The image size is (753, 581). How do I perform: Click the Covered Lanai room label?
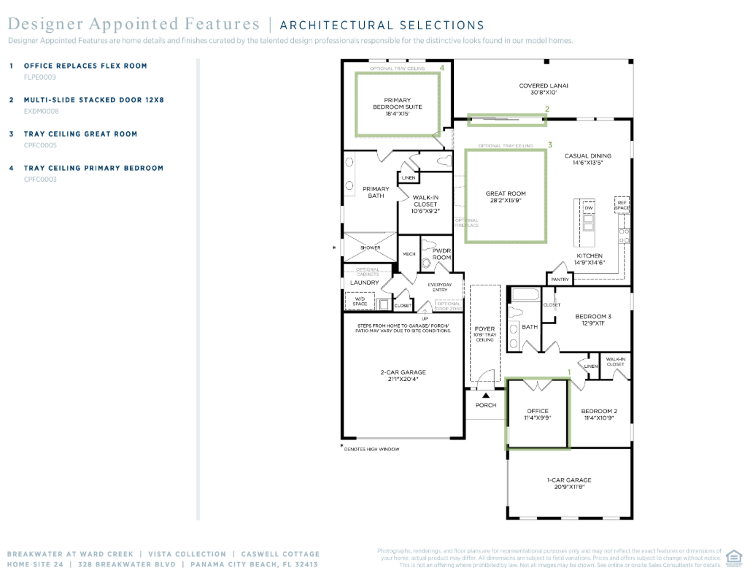click(x=543, y=86)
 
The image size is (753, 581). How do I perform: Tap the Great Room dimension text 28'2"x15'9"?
click(x=506, y=201)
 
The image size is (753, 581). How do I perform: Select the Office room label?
click(x=537, y=411)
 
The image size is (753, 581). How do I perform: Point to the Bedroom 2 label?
click(x=600, y=411)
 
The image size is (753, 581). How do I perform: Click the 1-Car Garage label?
click(x=569, y=480)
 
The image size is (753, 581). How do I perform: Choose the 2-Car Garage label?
click(x=403, y=372)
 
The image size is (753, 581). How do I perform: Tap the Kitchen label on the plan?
click(x=589, y=256)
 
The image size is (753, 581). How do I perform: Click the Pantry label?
click(x=560, y=280)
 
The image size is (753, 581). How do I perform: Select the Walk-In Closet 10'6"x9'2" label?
click(x=425, y=201)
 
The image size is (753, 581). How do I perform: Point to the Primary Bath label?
click(x=376, y=192)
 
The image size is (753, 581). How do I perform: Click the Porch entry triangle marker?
click(x=485, y=396)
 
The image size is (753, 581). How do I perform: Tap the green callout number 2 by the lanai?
click(x=547, y=109)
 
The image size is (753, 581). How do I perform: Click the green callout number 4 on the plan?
click(x=441, y=67)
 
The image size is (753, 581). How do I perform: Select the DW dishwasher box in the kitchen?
click(x=589, y=209)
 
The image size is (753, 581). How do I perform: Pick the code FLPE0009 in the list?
click(x=40, y=77)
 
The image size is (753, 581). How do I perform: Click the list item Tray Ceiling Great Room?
click(x=80, y=134)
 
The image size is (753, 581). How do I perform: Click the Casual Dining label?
click(x=587, y=156)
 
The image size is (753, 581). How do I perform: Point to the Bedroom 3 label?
click(x=592, y=317)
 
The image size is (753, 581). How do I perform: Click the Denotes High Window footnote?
click(x=371, y=449)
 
